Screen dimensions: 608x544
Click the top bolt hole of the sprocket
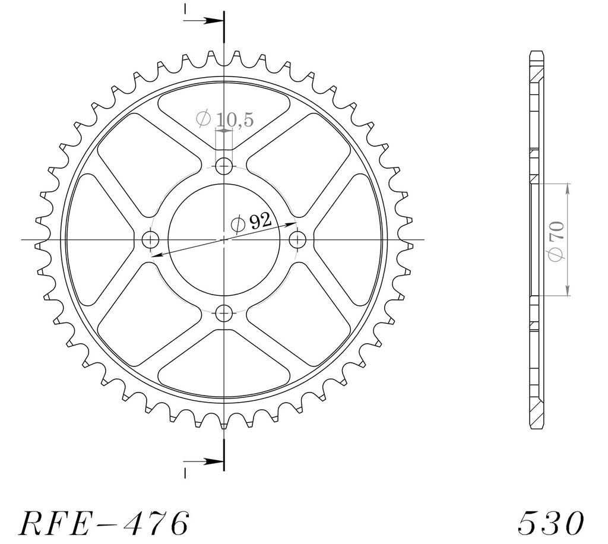tap(224, 167)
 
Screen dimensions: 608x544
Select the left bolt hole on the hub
tap(150, 239)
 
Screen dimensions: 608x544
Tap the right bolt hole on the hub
tap(297, 239)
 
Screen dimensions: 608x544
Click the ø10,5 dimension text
tap(225, 119)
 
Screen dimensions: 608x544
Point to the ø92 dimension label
tap(251, 222)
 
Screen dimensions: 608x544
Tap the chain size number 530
tap(550, 523)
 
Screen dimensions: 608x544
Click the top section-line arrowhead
tap(214, 20)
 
